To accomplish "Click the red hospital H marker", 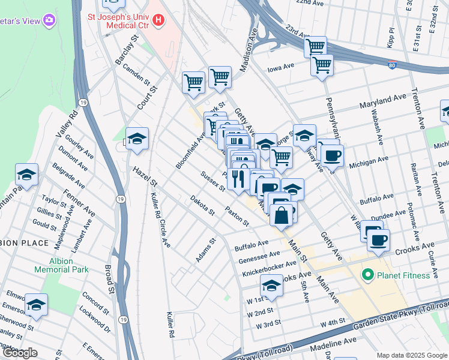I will point(158,20).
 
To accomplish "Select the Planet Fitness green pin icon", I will point(367,275).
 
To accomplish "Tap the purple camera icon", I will point(49,21).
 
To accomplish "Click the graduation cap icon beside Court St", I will point(137,139).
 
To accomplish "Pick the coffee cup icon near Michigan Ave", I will point(332,156).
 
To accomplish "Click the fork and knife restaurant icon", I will point(238,179).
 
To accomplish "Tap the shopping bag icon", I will point(281,215).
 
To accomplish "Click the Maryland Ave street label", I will point(383,101).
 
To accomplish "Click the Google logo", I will point(20,353).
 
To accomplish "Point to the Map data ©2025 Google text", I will point(412,355).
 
